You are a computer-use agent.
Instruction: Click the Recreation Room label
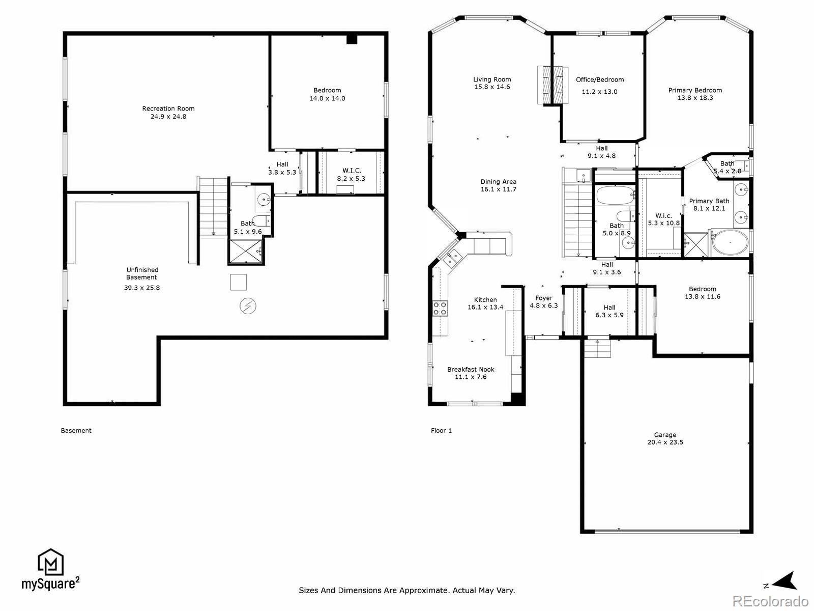168,108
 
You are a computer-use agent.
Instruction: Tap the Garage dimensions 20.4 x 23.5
665,442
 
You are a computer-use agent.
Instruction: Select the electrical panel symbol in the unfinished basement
248,306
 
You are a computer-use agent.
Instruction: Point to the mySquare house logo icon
51,562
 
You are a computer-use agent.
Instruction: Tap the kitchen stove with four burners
440,308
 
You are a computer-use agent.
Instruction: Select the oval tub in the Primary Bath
731,243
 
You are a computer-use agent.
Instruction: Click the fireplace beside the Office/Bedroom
553,86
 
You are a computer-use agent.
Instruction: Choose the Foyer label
544,298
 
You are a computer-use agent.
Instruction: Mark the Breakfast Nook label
471,370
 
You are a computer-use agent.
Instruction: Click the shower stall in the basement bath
246,252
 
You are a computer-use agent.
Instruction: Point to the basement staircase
213,207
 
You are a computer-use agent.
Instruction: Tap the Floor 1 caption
441,431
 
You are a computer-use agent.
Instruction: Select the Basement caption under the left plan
76,431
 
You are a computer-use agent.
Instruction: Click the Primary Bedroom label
695,90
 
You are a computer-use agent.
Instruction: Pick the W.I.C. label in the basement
352,171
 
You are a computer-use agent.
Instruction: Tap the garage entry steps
597,348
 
